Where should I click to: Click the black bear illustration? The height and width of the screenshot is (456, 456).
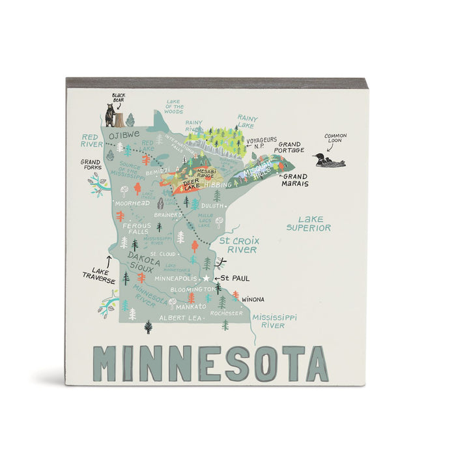(x=110, y=115)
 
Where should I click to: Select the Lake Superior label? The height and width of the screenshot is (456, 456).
(x=309, y=223)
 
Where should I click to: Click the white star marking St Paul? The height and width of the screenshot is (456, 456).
(x=207, y=278)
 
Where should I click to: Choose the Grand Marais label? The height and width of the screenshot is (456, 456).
(x=294, y=180)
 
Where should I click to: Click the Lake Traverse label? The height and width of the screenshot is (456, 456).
(x=99, y=276)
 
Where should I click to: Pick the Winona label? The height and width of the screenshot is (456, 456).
(x=253, y=299)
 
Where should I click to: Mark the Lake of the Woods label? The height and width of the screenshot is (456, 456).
(x=174, y=106)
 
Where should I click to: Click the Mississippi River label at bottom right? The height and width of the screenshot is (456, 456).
(x=269, y=321)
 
